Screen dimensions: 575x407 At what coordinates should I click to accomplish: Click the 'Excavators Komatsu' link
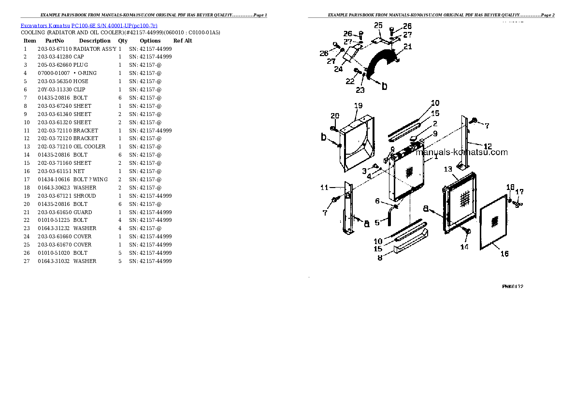pos(45,26)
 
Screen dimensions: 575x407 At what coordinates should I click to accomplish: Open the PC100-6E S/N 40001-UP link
pos(115,26)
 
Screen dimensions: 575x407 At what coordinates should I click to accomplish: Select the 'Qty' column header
pos(123,41)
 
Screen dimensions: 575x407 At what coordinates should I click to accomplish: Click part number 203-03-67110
pos(55,49)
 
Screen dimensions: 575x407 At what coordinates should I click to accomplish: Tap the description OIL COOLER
pos(89,146)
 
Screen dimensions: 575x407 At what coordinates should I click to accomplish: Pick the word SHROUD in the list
pos(85,196)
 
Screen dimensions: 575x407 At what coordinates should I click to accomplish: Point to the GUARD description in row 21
pos(83,212)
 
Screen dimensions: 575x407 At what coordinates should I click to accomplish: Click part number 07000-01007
pos(54,73)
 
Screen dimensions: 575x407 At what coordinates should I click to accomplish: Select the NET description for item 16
pos(79,171)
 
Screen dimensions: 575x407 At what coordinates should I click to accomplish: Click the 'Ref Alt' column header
pos(183,41)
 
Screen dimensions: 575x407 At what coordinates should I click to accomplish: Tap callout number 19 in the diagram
pos(358,106)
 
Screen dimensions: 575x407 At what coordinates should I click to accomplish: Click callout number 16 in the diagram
pos(504,254)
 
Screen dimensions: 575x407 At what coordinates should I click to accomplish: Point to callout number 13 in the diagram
pos(448,169)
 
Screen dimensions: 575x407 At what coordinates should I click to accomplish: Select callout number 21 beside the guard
pos(408,46)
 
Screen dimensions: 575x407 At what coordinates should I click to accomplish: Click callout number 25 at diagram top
pos(378,25)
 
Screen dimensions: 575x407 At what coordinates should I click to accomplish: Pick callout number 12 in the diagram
pos(488,146)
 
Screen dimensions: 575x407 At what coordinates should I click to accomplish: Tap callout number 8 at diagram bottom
pos(380,258)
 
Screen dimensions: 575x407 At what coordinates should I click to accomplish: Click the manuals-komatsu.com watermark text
pos(461,152)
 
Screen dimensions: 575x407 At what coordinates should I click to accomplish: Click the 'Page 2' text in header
pos(548,15)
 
